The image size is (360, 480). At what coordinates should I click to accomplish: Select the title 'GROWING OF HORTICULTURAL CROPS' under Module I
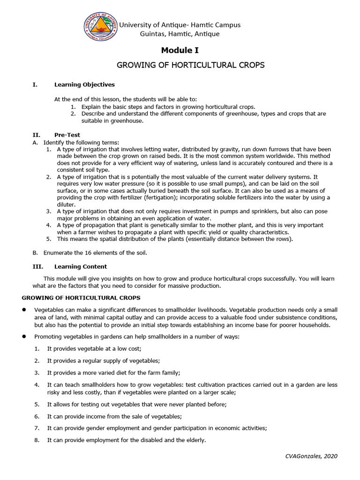point(190,65)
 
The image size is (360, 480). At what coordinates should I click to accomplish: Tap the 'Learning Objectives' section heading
point(84,85)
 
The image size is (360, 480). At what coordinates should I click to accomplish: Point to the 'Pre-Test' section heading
point(67,135)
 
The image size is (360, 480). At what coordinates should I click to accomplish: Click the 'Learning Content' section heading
point(80,267)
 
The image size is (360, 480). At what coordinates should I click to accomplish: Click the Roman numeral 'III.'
point(37,267)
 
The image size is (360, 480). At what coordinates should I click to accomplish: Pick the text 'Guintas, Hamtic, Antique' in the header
point(180,34)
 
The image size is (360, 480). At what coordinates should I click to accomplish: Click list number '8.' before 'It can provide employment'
point(37,440)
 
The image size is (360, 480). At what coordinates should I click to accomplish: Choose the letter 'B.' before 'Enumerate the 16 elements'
point(35,253)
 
